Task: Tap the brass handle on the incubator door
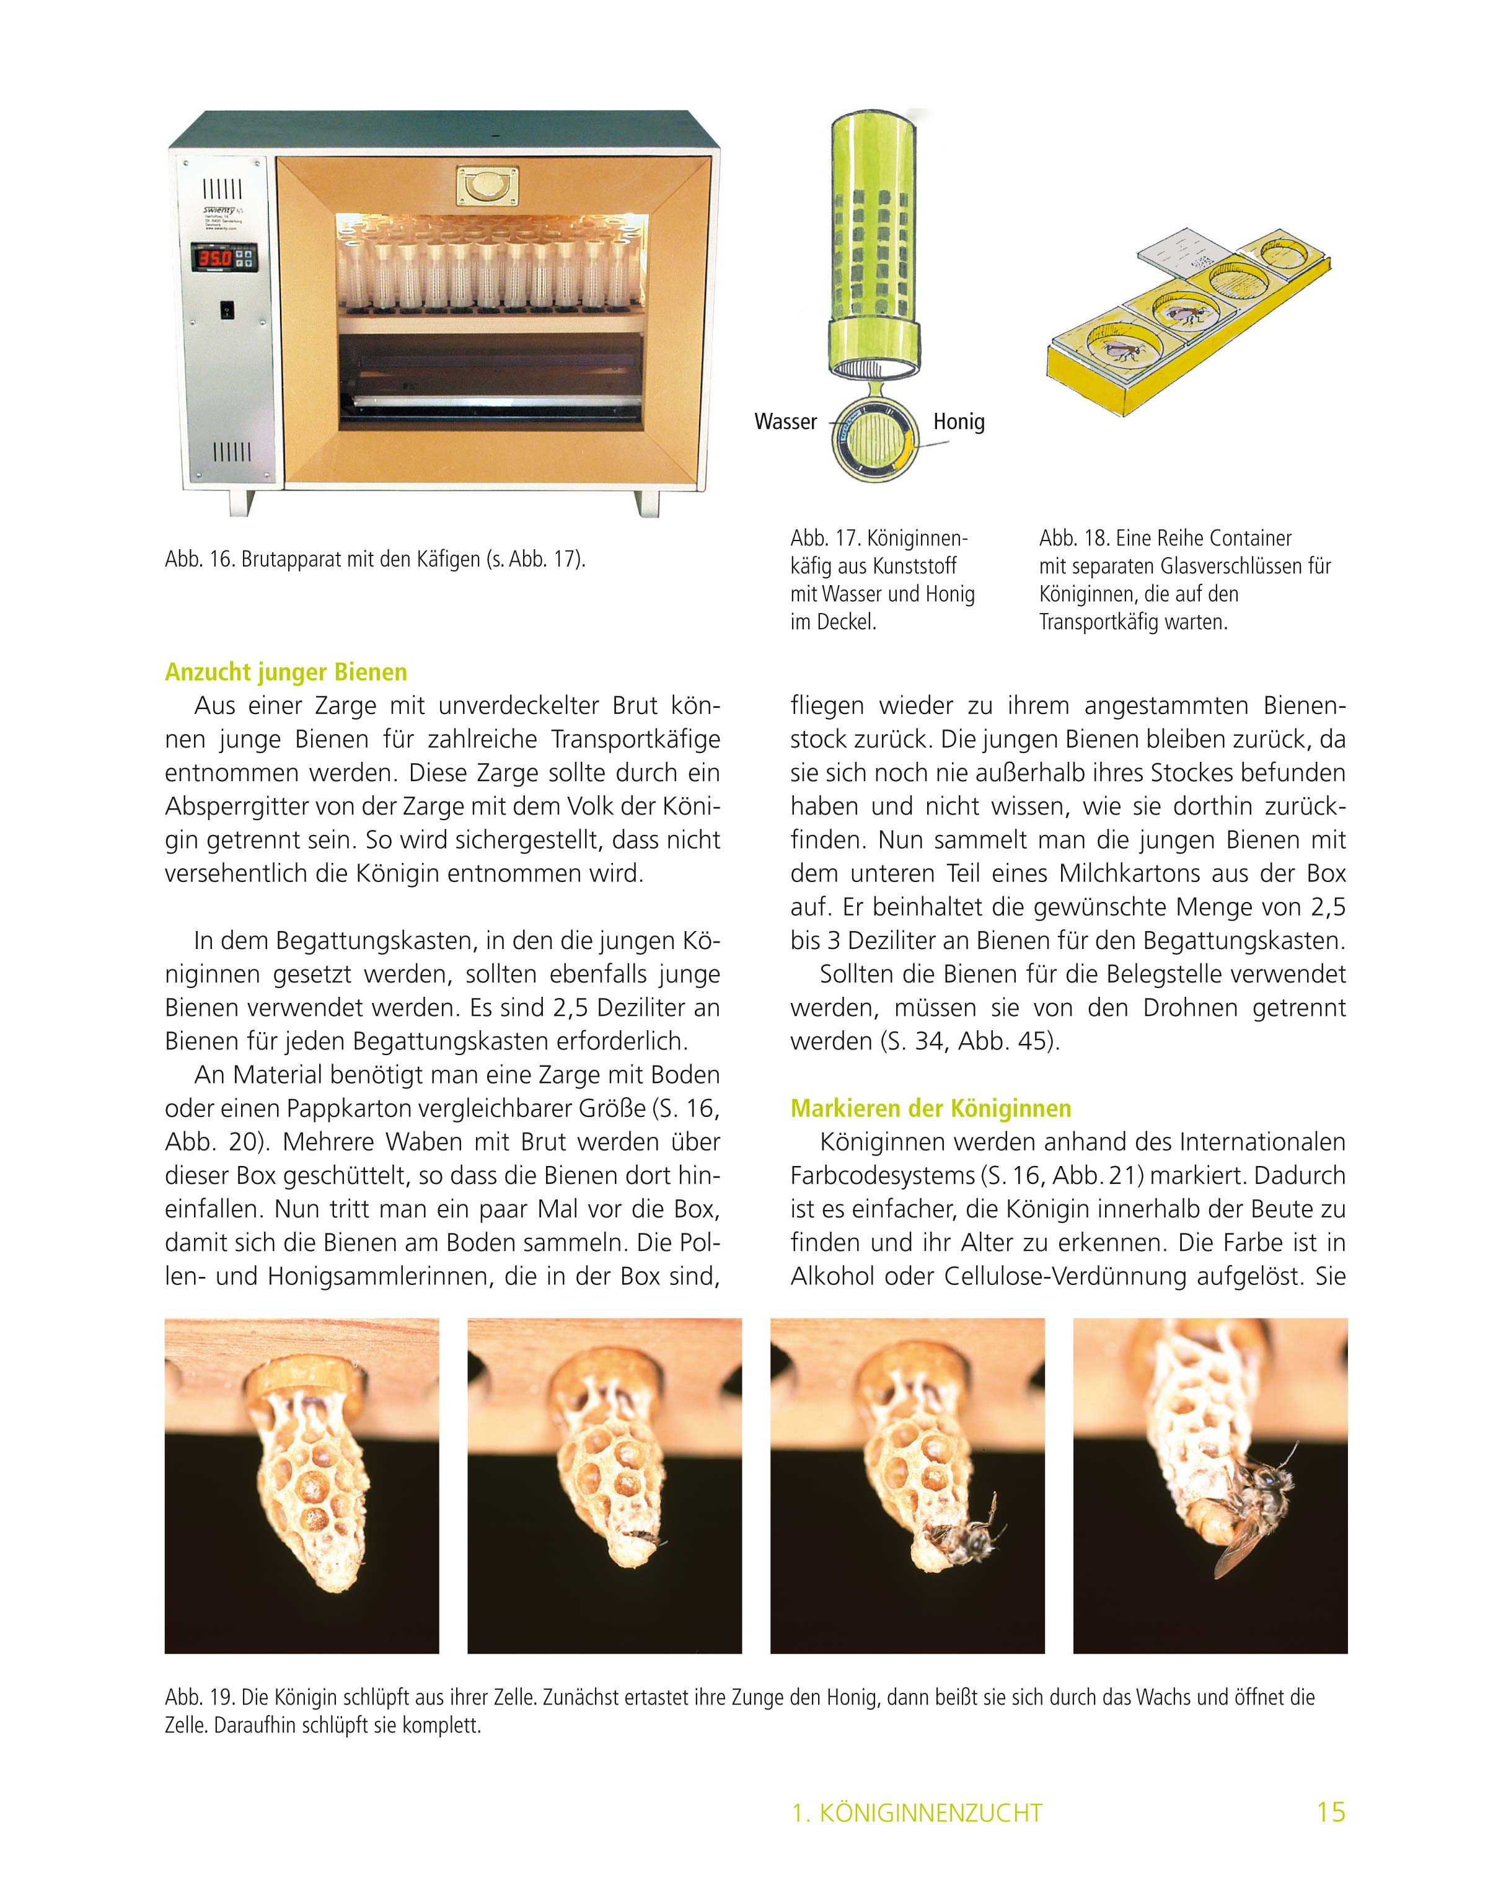(487, 185)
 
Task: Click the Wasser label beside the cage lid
(785, 422)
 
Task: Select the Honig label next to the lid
(959, 422)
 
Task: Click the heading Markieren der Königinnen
(930, 1108)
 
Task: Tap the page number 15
(1331, 1812)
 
